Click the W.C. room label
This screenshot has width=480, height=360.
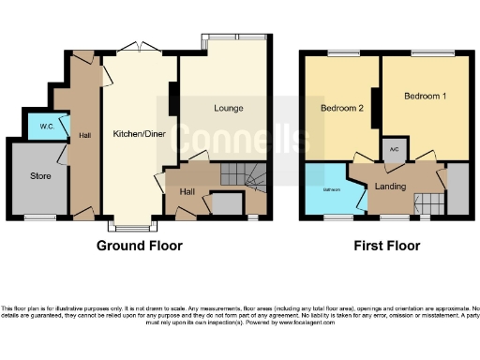pos(45,125)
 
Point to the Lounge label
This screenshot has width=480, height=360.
pos(228,108)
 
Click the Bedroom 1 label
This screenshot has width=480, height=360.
pos(425,97)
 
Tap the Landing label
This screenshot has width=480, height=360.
pos(390,187)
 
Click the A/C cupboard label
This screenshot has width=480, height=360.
pos(392,148)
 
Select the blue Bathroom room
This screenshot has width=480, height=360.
pos(331,190)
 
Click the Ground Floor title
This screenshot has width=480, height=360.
pos(140,246)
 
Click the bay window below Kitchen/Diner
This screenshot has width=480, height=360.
pos(127,225)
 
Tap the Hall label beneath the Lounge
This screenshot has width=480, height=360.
pos(187,192)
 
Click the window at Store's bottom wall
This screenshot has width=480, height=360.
pos(39,218)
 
